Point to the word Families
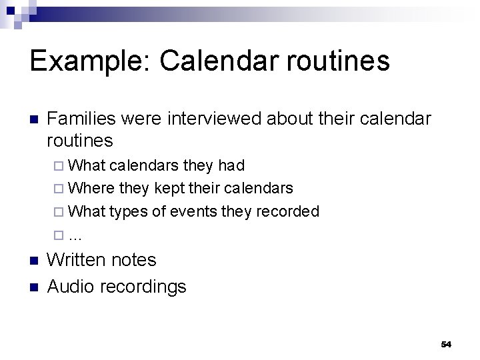coord(82,119)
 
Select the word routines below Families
coord(80,141)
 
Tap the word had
coord(231,165)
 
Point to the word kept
coord(170,188)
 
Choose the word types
coord(127,211)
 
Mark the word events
coord(192,211)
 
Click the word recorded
coord(287,211)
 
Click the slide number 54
coord(446,344)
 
